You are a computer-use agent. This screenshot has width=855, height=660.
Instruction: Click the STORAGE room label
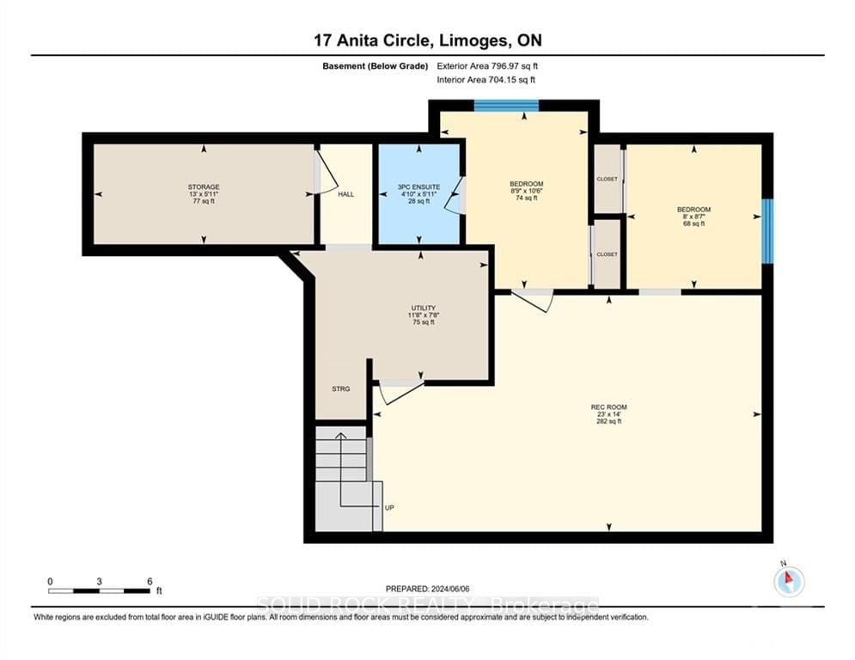(x=204, y=187)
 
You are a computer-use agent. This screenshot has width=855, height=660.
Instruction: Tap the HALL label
(x=345, y=194)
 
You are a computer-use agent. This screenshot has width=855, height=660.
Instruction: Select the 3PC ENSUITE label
(x=418, y=187)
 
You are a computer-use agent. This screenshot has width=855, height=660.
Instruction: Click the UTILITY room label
(x=423, y=309)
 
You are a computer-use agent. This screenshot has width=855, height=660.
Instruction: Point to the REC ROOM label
(x=609, y=406)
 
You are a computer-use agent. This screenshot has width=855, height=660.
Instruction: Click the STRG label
(x=341, y=389)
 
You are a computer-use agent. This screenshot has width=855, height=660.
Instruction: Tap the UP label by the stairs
(x=389, y=508)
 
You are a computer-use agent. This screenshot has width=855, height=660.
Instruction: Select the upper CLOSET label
(x=607, y=179)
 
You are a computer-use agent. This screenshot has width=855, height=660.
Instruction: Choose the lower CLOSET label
(x=607, y=254)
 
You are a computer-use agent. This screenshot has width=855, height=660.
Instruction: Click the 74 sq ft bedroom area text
(x=527, y=198)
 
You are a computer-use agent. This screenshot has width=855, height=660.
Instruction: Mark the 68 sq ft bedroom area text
(x=694, y=223)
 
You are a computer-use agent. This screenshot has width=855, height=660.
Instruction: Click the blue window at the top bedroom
(x=506, y=105)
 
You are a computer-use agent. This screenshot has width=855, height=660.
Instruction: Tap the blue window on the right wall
(x=767, y=231)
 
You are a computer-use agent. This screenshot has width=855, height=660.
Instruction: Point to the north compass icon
(x=789, y=582)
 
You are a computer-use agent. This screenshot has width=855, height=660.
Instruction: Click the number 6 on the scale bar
(x=150, y=582)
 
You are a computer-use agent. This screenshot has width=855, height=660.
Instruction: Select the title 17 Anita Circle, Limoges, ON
(x=428, y=40)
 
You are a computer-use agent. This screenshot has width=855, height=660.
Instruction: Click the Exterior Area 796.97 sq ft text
(x=487, y=66)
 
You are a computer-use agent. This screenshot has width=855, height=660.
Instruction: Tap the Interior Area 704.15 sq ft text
(x=486, y=80)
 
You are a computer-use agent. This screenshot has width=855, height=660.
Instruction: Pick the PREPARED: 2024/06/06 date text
(x=428, y=589)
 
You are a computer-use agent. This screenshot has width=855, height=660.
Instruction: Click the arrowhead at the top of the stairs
(x=341, y=435)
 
